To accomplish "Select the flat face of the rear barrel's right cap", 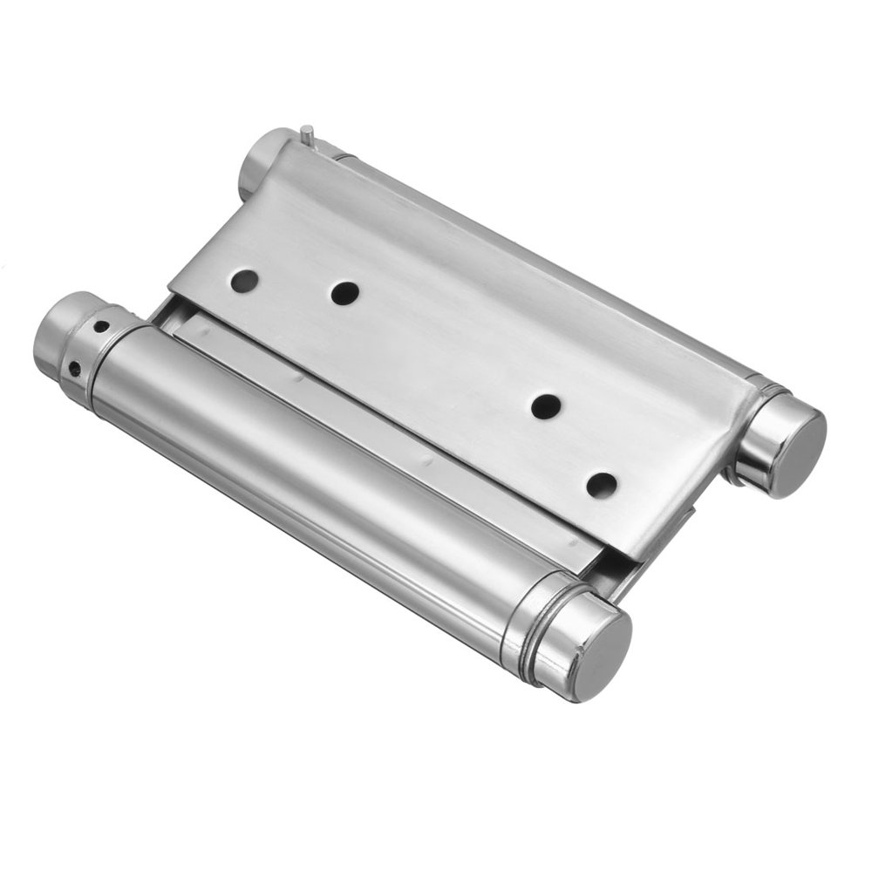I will coord(793,448).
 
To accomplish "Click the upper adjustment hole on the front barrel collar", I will coord(102,328).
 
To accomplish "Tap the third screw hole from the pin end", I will coord(547,405).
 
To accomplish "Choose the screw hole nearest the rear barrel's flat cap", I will coord(601,485).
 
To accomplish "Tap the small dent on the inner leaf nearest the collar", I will coord(297,379).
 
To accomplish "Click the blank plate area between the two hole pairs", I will coord(445,349).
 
